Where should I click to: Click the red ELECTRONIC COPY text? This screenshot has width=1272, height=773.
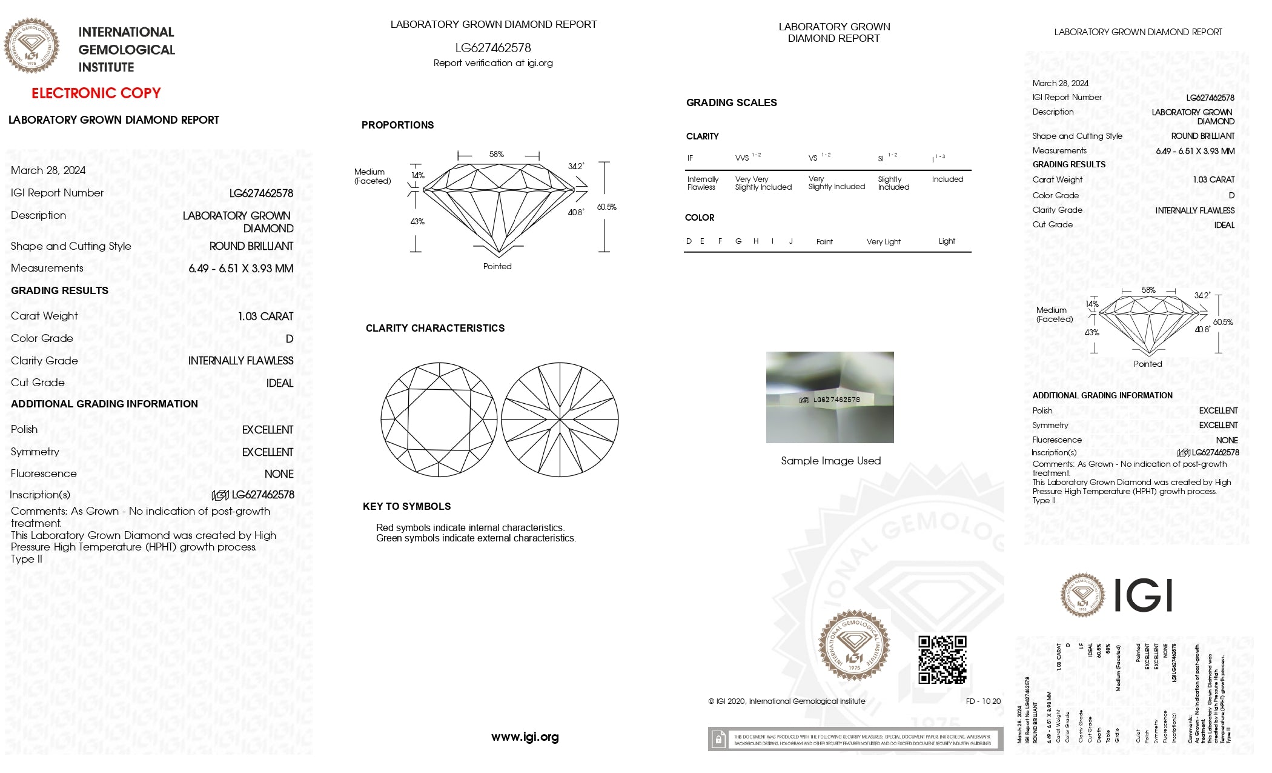tap(96, 93)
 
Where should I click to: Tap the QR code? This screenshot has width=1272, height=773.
tap(942, 660)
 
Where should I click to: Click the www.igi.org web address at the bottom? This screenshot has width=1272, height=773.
tap(525, 737)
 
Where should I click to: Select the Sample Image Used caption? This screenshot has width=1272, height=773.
tap(830, 461)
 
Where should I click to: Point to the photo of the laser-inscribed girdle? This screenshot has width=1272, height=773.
tap(830, 397)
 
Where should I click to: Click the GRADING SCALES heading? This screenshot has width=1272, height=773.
tap(731, 103)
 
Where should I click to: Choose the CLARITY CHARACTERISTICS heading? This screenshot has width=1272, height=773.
tap(435, 329)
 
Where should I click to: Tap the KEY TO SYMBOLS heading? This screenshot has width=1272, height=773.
tap(406, 507)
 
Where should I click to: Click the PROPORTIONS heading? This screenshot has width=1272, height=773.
tap(397, 125)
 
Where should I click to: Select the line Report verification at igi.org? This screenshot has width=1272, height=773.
tap(493, 63)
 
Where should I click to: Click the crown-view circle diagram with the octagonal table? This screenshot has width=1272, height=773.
tap(439, 420)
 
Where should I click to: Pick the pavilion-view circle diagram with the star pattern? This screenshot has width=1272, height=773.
tap(560, 420)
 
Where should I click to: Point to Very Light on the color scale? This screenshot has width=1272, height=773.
tap(883, 242)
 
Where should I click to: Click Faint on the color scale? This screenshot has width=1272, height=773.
tap(824, 242)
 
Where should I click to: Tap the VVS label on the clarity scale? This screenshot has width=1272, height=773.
tap(742, 158)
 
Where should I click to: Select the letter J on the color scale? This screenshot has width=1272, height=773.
tap(790, 241)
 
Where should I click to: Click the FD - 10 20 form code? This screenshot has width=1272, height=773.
tap(983, 701)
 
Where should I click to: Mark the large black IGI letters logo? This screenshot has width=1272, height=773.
tap(1144, 595)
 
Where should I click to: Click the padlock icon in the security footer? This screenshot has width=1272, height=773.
tap(718, 740)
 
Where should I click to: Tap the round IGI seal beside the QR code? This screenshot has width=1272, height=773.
tap(854, 645)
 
